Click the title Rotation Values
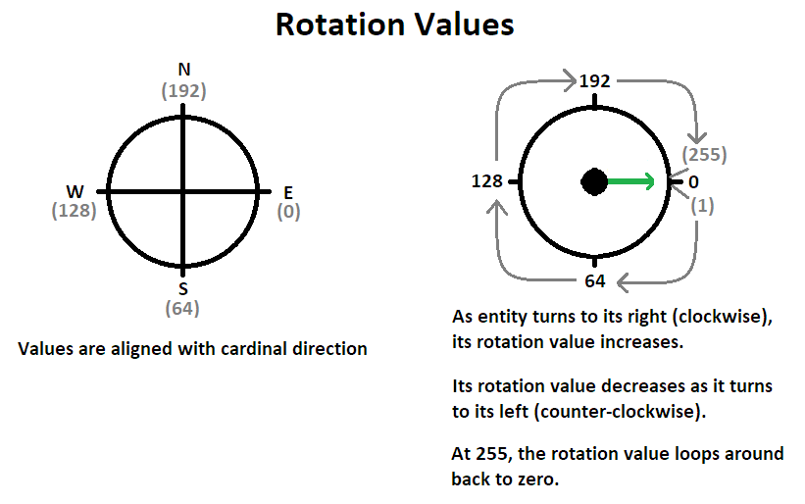[x=394, y=25]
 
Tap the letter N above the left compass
[x=183, y=71]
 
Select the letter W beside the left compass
[x=75, y=191]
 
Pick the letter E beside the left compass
[x=287, y=192]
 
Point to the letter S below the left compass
[x=183, y=289]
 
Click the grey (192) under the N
[x=183, y=91]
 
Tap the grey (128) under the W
[x=74, y=211]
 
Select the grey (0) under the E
[x=288, y=211]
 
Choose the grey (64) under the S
[x=183, y=309]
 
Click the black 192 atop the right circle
[x=594, y=81]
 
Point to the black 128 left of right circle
[x=486, y=181]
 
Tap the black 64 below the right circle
[x=594, y=282]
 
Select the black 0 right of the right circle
[x=693, y=181]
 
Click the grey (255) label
[x=705, y=155]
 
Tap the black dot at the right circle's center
[x=594, y=181]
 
